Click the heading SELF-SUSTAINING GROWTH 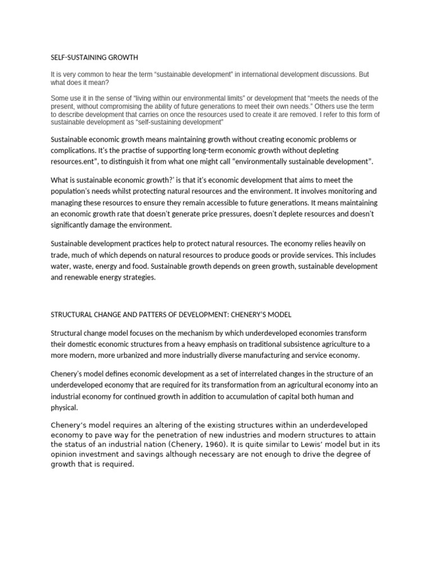[x=94, y=57]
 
